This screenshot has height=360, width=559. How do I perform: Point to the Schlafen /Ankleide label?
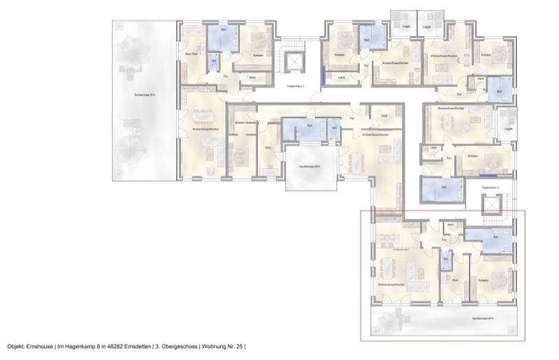(244, 123)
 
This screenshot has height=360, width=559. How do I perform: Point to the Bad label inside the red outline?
(495, 238)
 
